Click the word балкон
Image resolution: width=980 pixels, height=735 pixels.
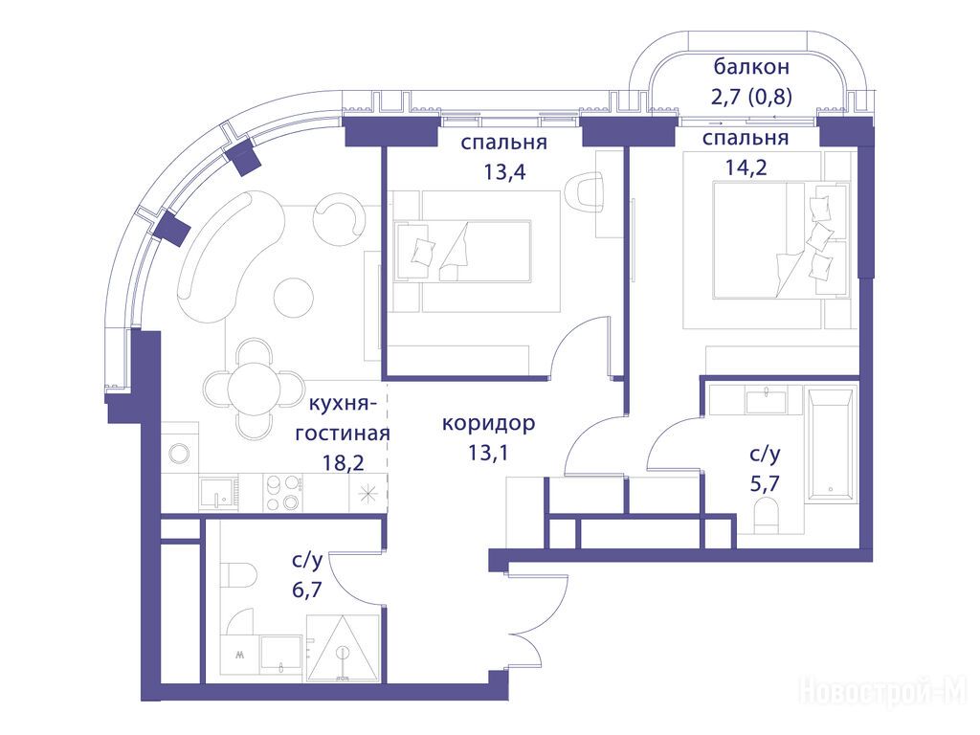(x=752, y=66)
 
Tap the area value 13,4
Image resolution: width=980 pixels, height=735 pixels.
(x=504, y=171)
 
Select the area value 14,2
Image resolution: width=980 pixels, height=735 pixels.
(x=746, y=167)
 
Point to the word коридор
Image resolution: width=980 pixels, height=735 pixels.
(x=488, y=423)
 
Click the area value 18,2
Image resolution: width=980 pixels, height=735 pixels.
(x=344, y=462)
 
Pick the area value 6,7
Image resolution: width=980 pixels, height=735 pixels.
(x=307, y=590)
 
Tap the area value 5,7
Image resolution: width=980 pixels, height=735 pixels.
(x=765, y=483)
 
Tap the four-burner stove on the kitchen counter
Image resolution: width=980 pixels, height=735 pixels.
(x=283, y=493)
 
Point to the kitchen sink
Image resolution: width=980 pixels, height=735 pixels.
(x=219, y=493)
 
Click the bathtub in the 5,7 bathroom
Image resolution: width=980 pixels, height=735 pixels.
(x=830, y=445)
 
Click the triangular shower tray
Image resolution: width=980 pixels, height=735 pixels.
(x=343, y=649)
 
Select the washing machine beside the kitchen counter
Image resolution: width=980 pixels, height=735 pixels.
(x=180, y=453)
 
